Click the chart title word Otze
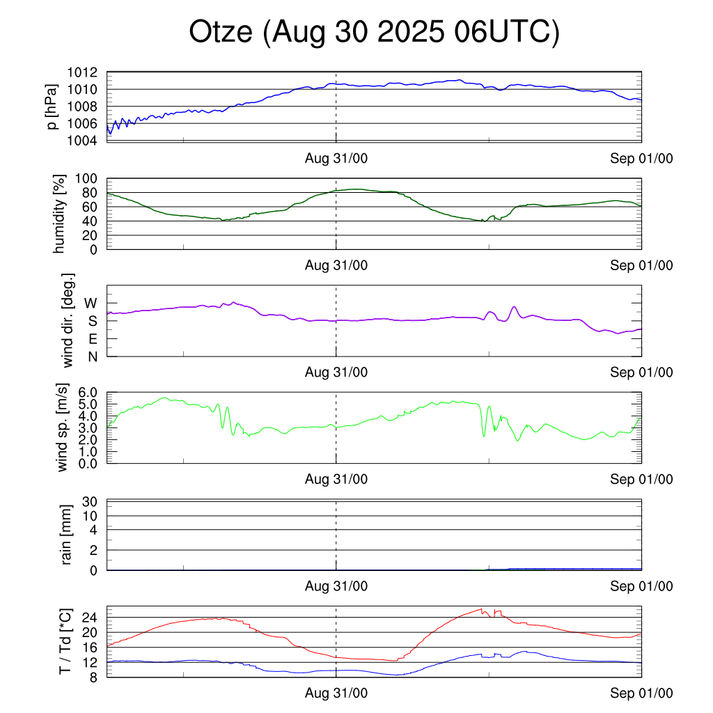click(221, 33)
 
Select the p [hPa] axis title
click(52, 107)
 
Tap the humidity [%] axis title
click(61, 214)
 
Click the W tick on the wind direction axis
click(91, 304)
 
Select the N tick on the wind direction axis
click(92, 356)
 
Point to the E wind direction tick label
click(92, 339)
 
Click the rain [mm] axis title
click(67, 535)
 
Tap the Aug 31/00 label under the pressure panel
click(336, 159)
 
